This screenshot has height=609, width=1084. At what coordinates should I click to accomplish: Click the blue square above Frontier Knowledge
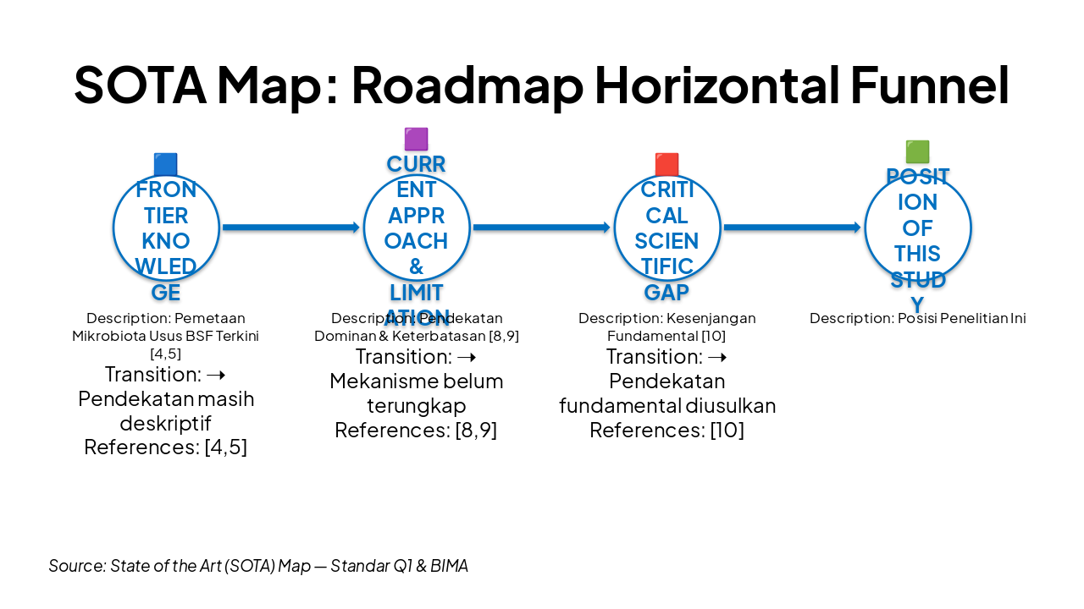point(166,164)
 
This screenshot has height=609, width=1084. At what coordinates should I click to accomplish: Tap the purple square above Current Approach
point(416,139)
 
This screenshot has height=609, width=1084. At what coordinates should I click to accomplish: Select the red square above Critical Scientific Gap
point(666,164)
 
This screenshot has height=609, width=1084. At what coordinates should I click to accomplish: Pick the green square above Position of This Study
point(917,151)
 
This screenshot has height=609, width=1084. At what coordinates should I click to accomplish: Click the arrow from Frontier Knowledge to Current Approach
point(290,228)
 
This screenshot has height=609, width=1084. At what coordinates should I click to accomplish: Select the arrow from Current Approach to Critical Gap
point(541,228)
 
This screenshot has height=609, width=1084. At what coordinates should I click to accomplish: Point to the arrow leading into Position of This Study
point(792,228)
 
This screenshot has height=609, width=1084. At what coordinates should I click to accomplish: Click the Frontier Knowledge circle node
point(166,228)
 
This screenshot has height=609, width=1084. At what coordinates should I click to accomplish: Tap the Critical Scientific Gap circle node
point(667,228)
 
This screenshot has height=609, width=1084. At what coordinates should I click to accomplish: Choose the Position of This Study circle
point(918,228)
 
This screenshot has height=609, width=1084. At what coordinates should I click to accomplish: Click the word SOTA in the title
point(140,85)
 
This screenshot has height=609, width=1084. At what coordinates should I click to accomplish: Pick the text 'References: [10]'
point(666,431)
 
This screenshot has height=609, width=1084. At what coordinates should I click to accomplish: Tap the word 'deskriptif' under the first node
point(165,422)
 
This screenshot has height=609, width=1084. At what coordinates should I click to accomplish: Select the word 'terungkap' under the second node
point(416,405)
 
